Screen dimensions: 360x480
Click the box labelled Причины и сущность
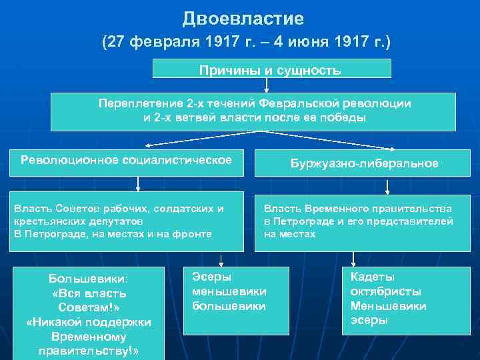(x=270, y=69)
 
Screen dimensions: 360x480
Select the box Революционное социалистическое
(x=127, y=160)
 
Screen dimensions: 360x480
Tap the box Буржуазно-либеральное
(x=365, y=163)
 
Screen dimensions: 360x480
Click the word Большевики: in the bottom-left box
(x=89, y=279)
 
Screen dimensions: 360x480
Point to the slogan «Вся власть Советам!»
(x=89, y=301)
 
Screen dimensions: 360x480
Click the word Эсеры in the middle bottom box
(x=209, y=277)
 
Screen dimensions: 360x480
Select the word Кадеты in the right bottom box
(x=373, y=277)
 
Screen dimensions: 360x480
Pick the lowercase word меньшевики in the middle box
(x=229, y=291)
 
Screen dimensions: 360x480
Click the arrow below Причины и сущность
(x=267, y=85)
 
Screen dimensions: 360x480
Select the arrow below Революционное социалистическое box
(x=137, y=184)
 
